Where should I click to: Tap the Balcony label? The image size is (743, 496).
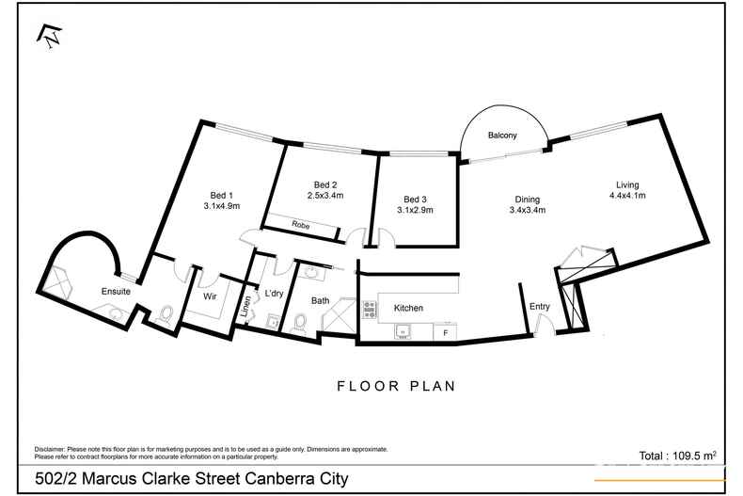click(x=502, y=136)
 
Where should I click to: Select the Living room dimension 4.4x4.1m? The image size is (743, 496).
click(x=626, y=196)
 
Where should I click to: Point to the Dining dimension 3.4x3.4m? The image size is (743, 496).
click(x=527, y=210)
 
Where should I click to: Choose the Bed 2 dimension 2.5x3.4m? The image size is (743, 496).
click(x=325, y=196)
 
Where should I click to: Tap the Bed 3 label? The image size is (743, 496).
click(x=415, y=199)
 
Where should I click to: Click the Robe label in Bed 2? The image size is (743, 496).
click(x=301, y=226)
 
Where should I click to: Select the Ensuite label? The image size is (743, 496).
click(x=116, y=292)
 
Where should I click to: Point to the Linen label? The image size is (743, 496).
click(x=247, y=306)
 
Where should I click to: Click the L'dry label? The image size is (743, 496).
click(x=274, y=294)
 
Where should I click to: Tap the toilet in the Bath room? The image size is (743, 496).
click(x=300, y=323)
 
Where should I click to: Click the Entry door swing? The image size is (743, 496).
click(x=542, y=325)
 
